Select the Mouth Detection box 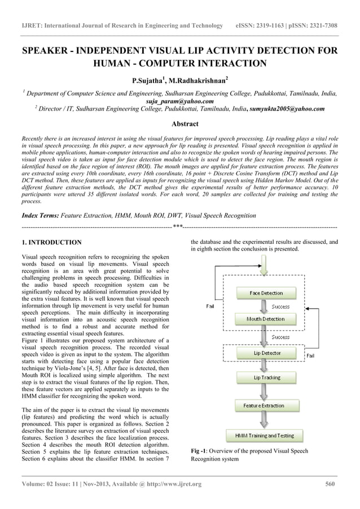[x=266, y=319]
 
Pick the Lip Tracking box [x=266, y=378]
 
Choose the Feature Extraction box [x=264, y=406]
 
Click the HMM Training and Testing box [x=265, y=436]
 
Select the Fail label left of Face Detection [x=210, y=306]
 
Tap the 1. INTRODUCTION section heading [x=51, y=243]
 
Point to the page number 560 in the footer [x=331, y=484]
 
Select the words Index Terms [x=39, y=216]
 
